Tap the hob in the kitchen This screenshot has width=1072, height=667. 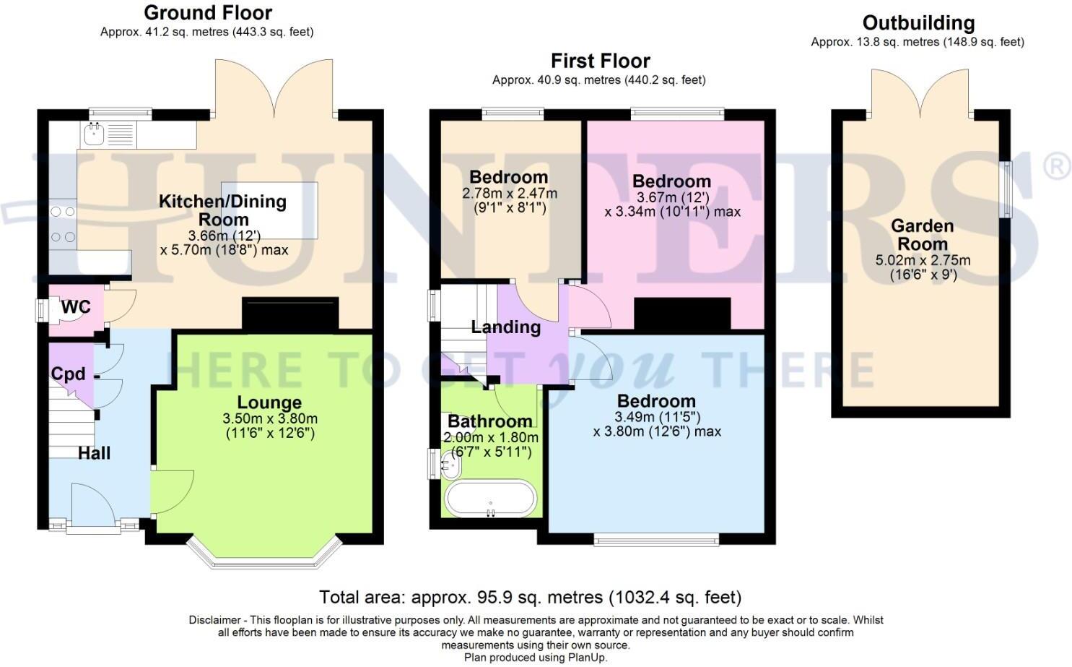tap(64, 224)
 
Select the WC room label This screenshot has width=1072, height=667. tap(76, 306)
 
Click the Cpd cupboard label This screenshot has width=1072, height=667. tap(68, 374)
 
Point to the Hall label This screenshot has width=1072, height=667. tap(95, 453)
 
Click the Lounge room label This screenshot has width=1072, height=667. tap(269, 403)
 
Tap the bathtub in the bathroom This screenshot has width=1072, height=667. tap(490, 499)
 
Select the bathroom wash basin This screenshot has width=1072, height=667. tap(450, 465)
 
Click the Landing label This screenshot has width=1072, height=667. tap(506, 327)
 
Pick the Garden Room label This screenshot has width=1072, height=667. tap(922, 235)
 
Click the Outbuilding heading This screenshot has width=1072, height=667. tap(918, 23)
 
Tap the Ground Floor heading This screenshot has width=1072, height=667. tap(208, 13)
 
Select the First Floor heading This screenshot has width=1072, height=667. tap(600, 61)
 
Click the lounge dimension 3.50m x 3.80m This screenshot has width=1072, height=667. tap(270, 419)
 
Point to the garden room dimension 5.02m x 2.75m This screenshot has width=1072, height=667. tap(923, 261)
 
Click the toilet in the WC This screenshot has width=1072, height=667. tap(50, 311)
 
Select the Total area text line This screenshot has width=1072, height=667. tap(531, 598)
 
